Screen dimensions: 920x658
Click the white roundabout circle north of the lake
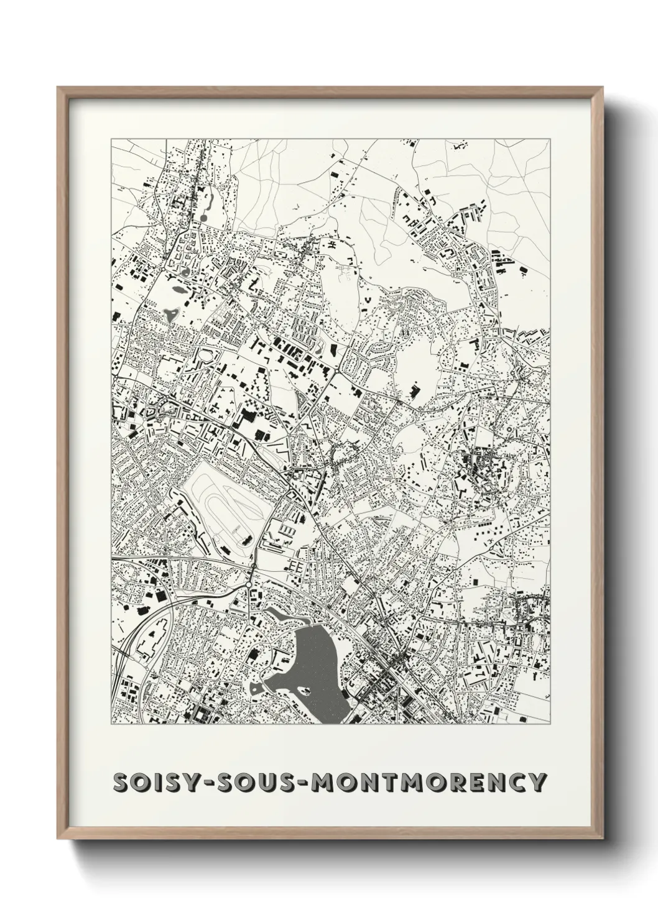[248, 585]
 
